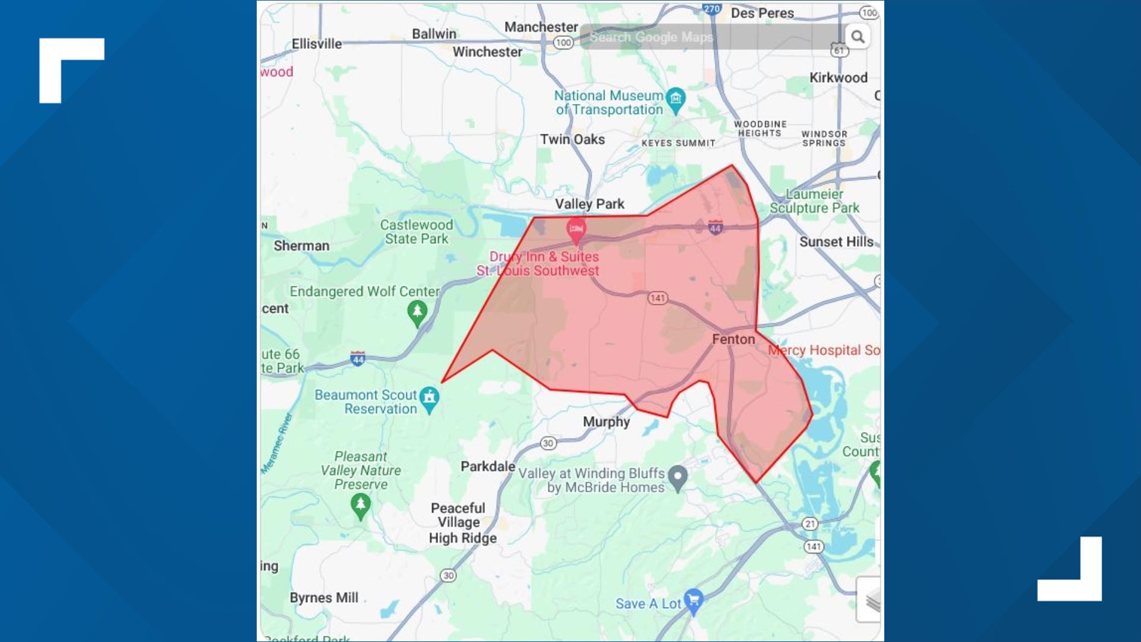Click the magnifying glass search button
857,37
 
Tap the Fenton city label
733,339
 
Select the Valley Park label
590,204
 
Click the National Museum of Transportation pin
676,98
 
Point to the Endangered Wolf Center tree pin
417,312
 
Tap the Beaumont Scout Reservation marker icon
429,398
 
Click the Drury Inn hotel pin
576,229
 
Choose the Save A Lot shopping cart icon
694,600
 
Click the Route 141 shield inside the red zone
657,298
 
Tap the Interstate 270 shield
711,9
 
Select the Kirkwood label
838,78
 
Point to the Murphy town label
606,422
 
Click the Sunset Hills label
836,242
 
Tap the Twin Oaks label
572,140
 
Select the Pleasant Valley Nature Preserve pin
360,506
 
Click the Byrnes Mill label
324,598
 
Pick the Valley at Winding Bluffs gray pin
677,477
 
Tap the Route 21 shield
810,524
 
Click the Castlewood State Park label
417,232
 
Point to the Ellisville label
317,44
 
